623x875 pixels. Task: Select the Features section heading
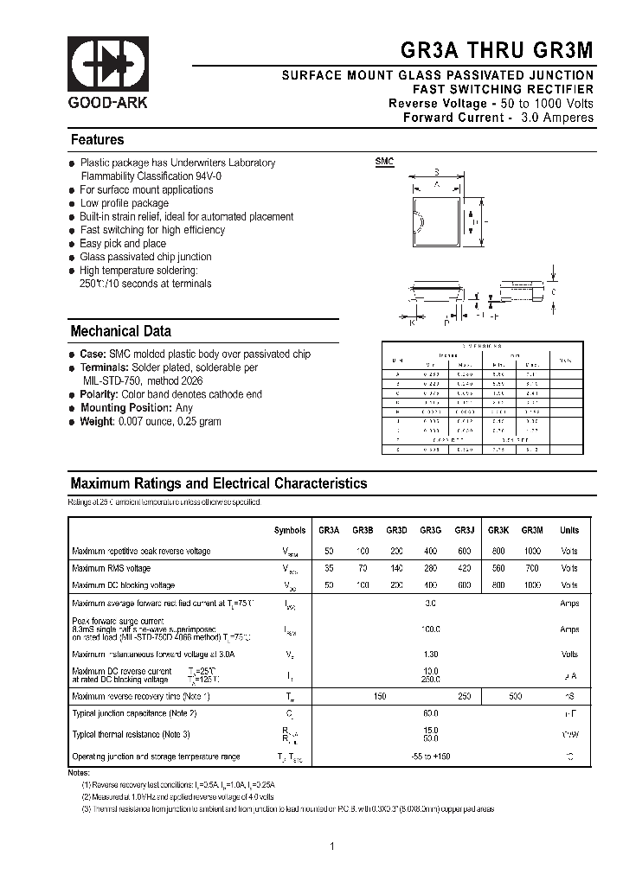pyautogui.click(x=97, y=140)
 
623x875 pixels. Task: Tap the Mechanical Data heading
pyautogui.click(x=120, y=331)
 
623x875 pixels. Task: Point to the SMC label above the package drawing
pyautogui.click(x=384, y=162)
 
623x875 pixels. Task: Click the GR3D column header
pyautogui.click(x=396, y=530)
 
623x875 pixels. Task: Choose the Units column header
pyautogui.click(x=568, y=530)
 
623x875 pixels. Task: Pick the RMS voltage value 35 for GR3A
pyautogui.click(x=329, y=568)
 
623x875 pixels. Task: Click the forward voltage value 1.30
pyautogui.click(x=431, y=654)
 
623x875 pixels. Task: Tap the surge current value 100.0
pyautogui.click(x=431, y=629)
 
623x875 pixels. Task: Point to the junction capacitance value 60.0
pyautogui.click(x=431, y=713)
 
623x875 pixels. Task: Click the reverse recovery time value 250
pyautogui.click(x=464, y=695)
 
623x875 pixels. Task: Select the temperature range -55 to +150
pyautogui.click(x=431, y=757)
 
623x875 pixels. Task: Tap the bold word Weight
pyautogui.click(x=98, y=421)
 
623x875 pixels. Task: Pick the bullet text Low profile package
pyautogui.click(x=124, y=203)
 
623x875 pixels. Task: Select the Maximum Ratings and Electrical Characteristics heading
pyautogui.click(x=218, y=484)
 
